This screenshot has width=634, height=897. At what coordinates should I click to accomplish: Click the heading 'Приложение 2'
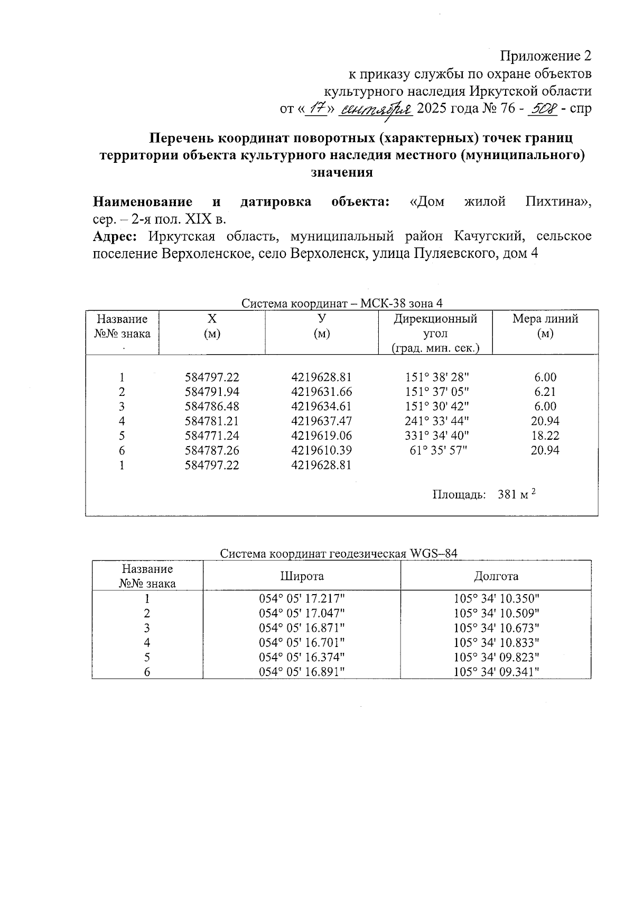tap(545, 56)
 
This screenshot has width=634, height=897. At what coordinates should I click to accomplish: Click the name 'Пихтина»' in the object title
tap(558, 202)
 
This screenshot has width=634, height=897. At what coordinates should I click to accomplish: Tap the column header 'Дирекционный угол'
tap(435, 326)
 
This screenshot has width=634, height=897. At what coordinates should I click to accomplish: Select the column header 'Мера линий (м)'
tap(545, 326)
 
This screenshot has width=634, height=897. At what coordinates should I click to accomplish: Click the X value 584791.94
tap(212, 392)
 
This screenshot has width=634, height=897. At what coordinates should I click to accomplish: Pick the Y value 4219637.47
tap(321, 421)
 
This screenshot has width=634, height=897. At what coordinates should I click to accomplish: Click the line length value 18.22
tap(545, 436)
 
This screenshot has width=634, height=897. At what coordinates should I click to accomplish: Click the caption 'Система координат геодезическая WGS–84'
tap(338, 553)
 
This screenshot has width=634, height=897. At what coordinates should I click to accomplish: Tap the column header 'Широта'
tap(302, 576)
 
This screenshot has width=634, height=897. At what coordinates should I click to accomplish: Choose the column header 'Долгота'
tap(496, 576)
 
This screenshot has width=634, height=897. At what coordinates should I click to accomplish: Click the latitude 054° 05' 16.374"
tap(302, 658)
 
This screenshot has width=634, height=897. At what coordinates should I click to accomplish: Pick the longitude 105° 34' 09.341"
tap(496, 672)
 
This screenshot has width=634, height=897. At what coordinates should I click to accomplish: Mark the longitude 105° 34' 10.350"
tap(496, 599)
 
